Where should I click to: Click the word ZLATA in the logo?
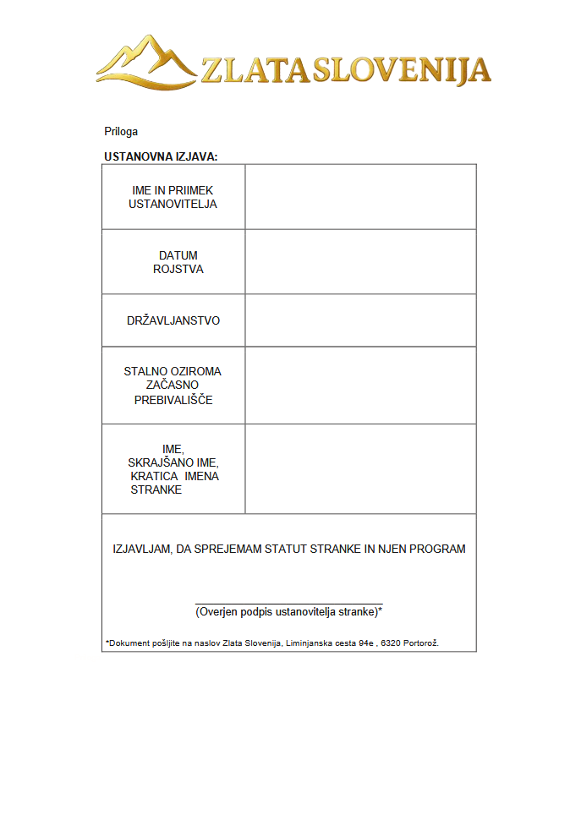pos(255,69)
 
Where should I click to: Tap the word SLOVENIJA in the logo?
pos(401,69)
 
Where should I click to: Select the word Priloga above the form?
pos(121,132)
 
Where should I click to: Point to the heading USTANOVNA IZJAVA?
pos(161,156)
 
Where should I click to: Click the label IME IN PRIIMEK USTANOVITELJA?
pos(173,197)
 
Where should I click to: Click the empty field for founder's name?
pos(360,197)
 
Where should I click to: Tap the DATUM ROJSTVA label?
pos(178,262)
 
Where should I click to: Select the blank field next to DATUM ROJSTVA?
pos(360,262)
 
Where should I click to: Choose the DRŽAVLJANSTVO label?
pos(173,321)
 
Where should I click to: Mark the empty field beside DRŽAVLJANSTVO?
pos(360,321)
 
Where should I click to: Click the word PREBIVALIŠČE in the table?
pos(173,400)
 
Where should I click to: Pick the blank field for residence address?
pos(360,386)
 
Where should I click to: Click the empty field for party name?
pos(360,469)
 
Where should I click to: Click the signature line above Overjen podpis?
pos(288,603)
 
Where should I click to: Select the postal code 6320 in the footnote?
pos(392,643)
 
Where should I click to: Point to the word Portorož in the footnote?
pos(421,643)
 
